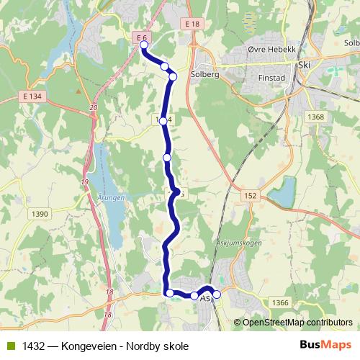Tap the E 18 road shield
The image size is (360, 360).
[192, 24]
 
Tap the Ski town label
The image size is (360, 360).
[302, 64]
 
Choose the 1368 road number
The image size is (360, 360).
[315, 117]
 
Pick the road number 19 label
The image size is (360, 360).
[85, 182]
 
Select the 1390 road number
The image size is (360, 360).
[40, 214]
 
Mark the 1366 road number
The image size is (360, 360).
[280, 305]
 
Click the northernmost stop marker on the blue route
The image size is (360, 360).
[143, 45]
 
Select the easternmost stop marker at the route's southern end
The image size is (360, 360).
[216, 294]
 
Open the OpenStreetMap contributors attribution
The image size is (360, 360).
[297, 323]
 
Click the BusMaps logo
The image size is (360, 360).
[325, 346]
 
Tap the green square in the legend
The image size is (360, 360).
[11, 346]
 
